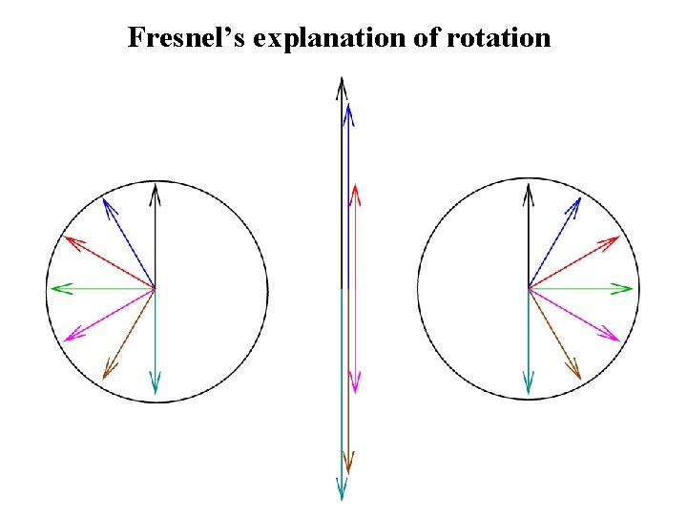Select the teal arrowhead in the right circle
point(528,385)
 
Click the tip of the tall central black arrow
point(341,86)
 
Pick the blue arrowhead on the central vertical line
point(348,113)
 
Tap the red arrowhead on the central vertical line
point(355,194)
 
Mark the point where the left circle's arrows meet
point(156,287)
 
